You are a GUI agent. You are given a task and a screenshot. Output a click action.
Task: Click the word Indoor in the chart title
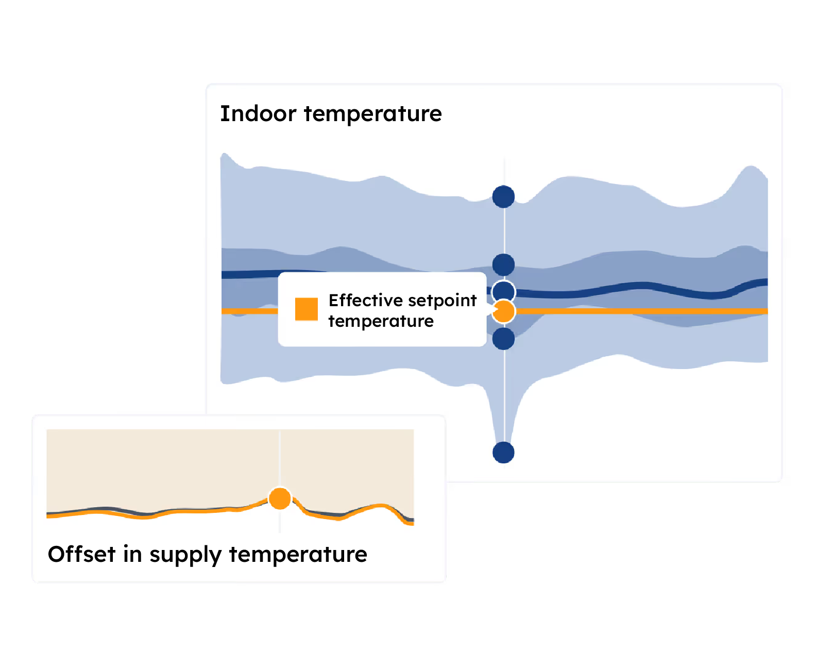click(x=258, y=114)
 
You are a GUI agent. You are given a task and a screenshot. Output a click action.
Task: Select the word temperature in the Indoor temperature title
click(x=372, y=114)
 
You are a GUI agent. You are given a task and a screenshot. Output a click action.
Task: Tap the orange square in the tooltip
click(x=306, y=309)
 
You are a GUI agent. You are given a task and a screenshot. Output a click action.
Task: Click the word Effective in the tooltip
click(x=365, y=300)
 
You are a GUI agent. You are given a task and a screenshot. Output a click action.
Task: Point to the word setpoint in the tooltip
click(x=442, y=301)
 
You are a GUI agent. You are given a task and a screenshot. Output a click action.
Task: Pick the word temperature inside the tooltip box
click(x=381, y=321)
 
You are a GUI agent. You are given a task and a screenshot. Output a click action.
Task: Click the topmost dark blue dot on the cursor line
click(x=503, y=196)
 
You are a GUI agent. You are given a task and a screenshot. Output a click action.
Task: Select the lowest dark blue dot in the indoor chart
click(x=503, y=452)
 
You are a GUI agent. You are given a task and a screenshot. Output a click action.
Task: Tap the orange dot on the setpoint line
click(x=503, y=311)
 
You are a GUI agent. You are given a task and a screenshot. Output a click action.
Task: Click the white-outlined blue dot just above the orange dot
click(x=503, y=291)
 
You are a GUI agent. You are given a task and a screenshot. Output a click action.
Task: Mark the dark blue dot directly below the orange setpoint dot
click(x=503, y=339)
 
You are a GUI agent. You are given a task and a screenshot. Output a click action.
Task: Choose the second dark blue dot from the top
click(x=503, y=264)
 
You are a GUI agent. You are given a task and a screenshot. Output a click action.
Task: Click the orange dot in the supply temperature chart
click(x=279, y=498)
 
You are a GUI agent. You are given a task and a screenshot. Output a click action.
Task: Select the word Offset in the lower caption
click(x=81, y=554)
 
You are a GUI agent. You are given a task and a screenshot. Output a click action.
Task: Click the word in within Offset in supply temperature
click(x=132, y=554)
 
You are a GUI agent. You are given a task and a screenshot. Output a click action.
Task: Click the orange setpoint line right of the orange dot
click(x=641, y=311)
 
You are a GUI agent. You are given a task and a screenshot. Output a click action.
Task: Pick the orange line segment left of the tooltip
click(x=249, y=311)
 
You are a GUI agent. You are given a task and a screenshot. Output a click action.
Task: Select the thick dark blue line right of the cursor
click(x=641, y=289)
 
